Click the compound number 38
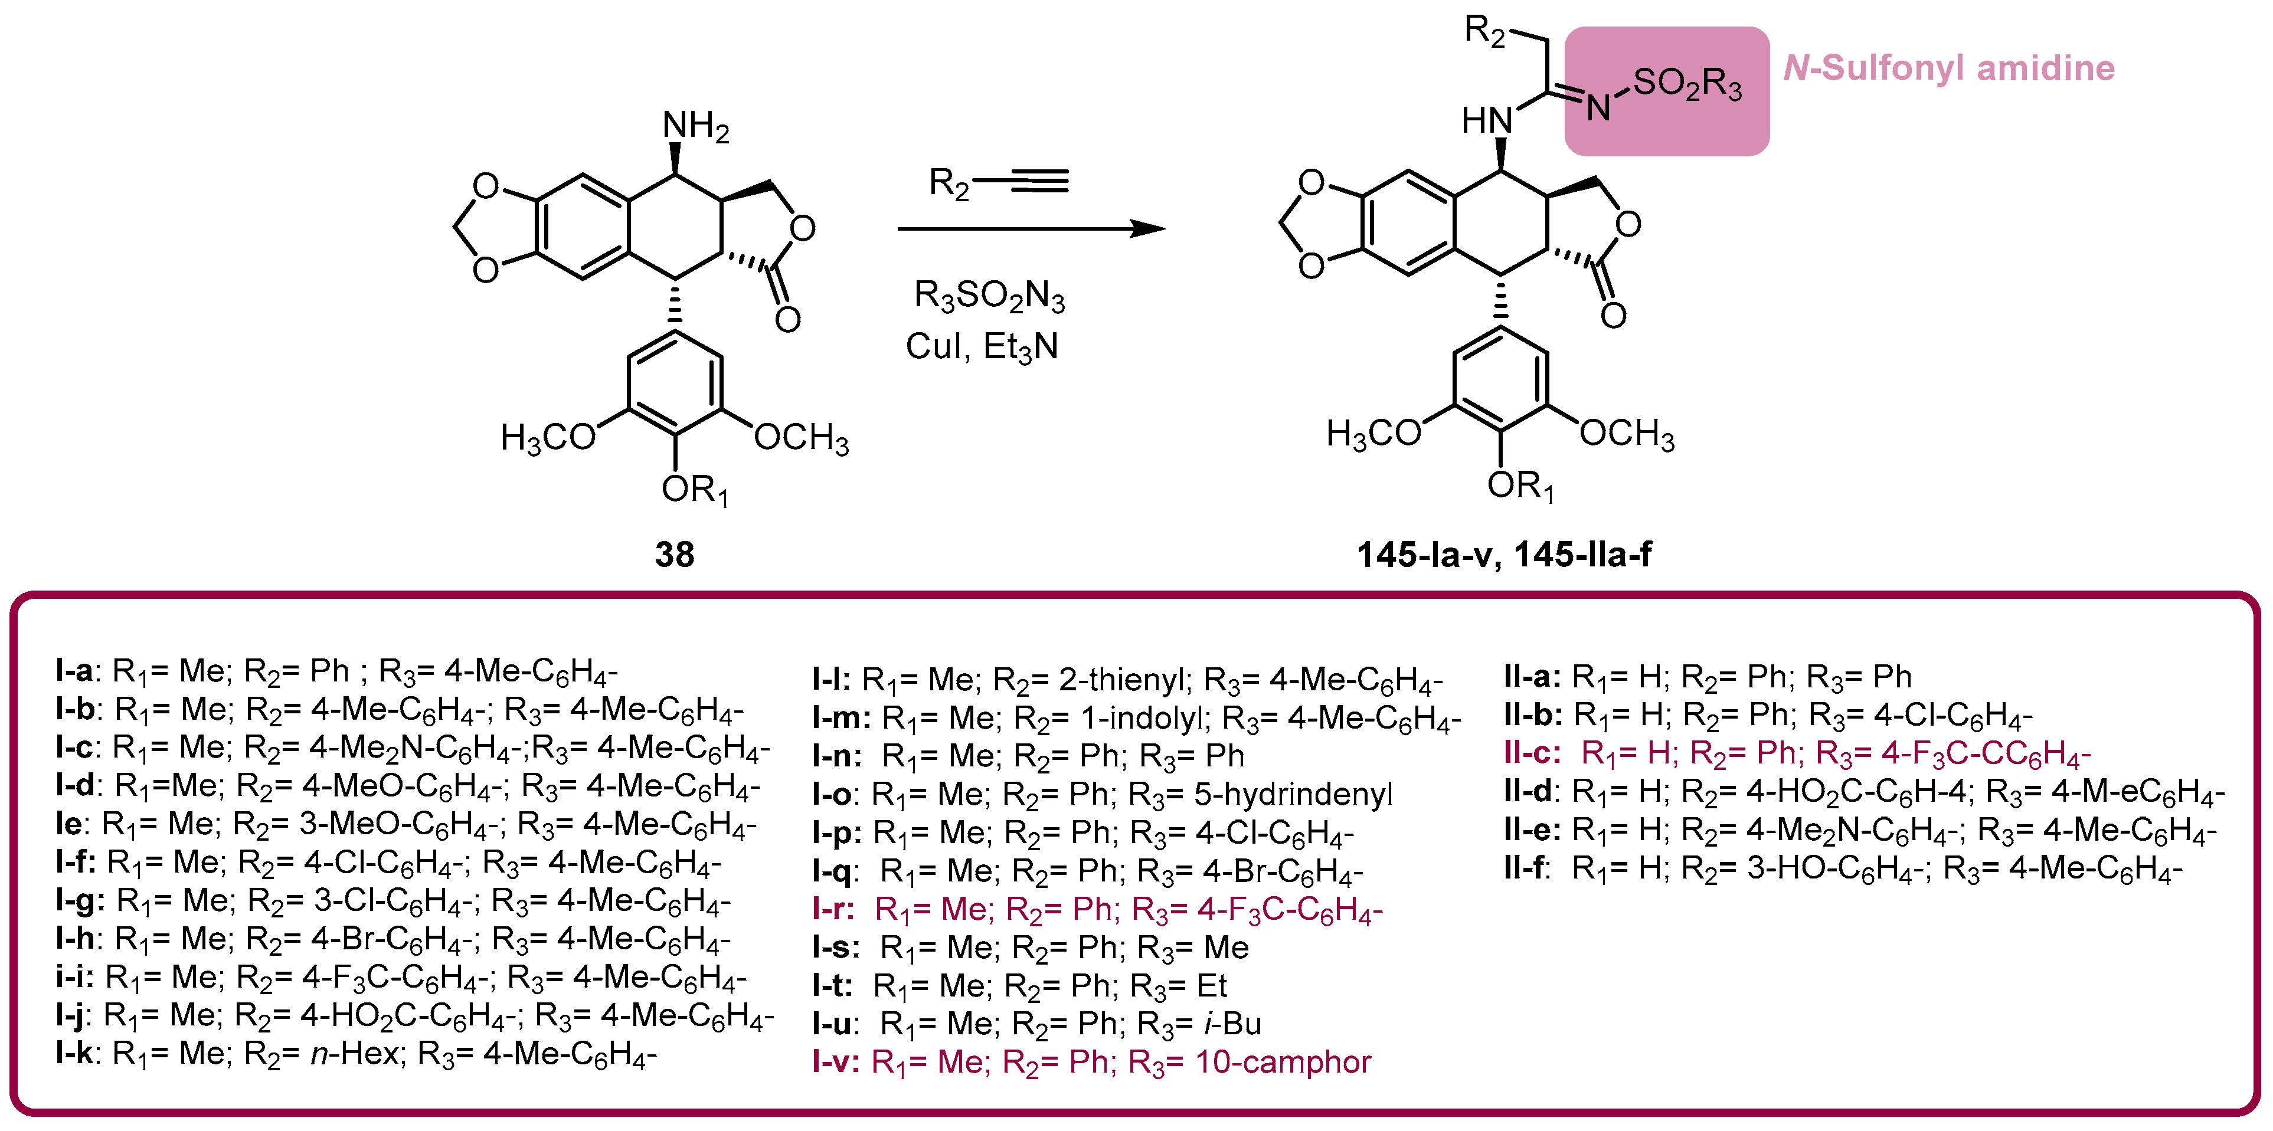674,554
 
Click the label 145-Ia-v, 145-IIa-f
1503,554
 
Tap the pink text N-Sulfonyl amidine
1948,68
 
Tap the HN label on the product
1487,120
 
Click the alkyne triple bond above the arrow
1039,182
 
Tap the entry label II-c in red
1532,753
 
